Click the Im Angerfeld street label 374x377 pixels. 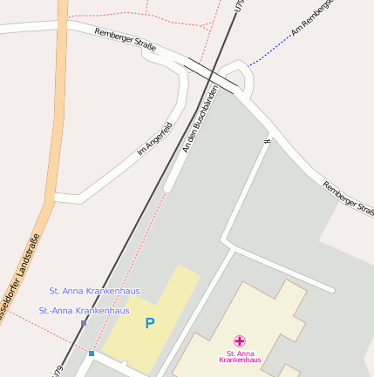tap(155, 138)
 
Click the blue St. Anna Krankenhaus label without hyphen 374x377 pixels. tap(94, 291)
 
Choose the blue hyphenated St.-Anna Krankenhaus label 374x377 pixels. tap(85, 310)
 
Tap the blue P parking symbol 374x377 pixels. tap(150, 323)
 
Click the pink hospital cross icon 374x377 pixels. tap(239, 340)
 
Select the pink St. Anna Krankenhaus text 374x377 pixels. tap(239, 356)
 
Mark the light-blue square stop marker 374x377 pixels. tap(91, 353)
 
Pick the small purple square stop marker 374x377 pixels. tap(84, 323)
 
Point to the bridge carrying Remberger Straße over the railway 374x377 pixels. tap(209, 76)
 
